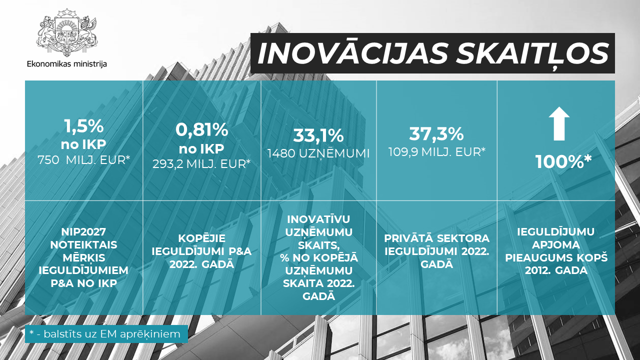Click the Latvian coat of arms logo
pyautogui.click(x=67, y=32)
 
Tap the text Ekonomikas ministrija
pyautogui.click(x=67, y=63)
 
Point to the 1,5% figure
pyautogui.click(x=83, y=126)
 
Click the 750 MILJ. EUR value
pyautogui.click(x=83, y=160)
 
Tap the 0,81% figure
pyautogui.click(x=201, y=129)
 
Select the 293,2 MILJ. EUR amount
pyautogui.click(x=201, y=164)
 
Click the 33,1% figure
pyautogui.click(x=318, y=135)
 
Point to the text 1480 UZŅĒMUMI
pyautogui.click(x=318, y=153)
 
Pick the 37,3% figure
pyautogui.click(x=436, y=133)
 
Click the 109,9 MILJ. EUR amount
pyautogui.click(x=437, y=152)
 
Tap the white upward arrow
pyautogui.click(x=559, y=123)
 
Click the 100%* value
pyautogui.click(x=563, y=161)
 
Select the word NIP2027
pyautogui.click(x=83, y=231)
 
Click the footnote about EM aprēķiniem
pyautogui.click(x=106, y=334)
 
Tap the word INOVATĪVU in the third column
pyautogui.click(x=318, y=219)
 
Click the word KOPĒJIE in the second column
pyautogui.click(x=201, y=238)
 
